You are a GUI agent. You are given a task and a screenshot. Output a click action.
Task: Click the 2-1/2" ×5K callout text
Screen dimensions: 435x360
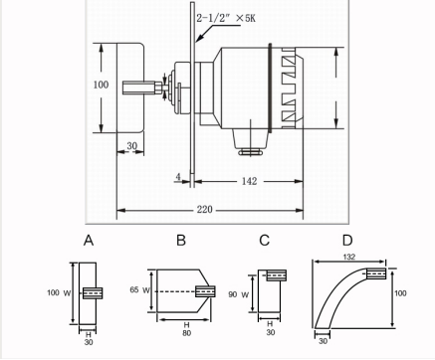point(226,18)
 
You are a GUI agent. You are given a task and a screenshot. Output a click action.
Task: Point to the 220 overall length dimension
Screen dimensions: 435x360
point(204,210)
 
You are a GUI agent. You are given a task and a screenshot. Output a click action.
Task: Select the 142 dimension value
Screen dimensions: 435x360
point(249,181)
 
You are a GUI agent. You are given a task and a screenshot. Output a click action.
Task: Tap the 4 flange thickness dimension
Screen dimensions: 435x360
point(178,177)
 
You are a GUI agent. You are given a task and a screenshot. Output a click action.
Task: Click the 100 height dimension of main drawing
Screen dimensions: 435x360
point(101,85)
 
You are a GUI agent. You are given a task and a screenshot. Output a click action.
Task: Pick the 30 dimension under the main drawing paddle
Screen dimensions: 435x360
point(131,146)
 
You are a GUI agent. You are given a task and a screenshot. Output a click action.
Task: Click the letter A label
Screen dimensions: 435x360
point(89,241)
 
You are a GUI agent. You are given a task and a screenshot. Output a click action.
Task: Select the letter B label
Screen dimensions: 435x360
point(181,241)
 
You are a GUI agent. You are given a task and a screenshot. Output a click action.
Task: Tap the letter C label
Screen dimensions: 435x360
point(264,241)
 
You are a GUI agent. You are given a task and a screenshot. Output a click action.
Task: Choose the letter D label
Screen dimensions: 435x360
point(347,241)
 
